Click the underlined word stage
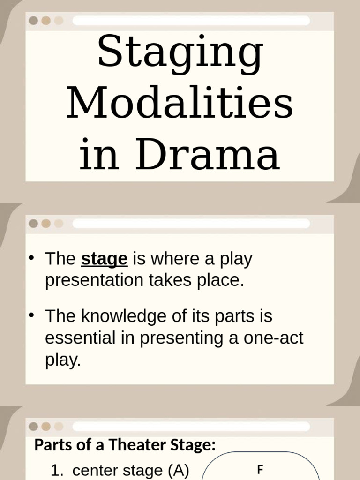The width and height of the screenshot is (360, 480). coord(104,259)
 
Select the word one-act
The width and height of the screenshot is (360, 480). coord(273,338)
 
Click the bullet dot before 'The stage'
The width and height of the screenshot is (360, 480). coord(31,258)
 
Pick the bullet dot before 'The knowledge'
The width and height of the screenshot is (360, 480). coord(31,316)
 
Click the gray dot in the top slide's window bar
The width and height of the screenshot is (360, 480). coord(33,21)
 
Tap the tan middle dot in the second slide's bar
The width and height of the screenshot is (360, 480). coord(45,224)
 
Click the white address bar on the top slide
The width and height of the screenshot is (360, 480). coord(191,21)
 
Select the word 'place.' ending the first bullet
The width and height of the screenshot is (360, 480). coord(224,280)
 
